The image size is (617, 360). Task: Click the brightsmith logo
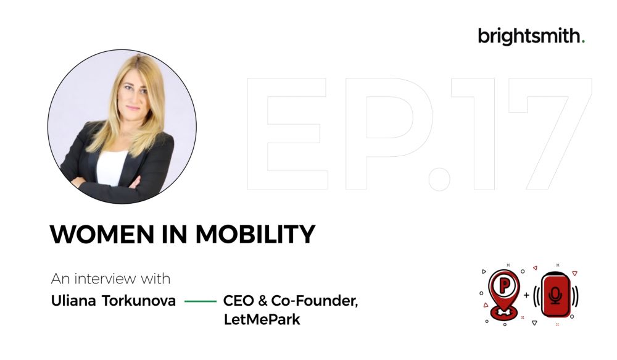[531, 36]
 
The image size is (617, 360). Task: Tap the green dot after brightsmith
[583, 41]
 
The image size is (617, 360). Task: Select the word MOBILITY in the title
[255, 234]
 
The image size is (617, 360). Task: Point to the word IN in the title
[175, 234]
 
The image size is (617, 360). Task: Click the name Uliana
[73, 301]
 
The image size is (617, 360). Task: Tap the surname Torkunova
[139, 301]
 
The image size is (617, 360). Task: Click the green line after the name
[201, 301]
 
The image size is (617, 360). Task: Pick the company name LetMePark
[262, 319]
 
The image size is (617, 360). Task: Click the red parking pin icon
[503, 294]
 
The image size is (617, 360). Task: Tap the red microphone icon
[555, 295]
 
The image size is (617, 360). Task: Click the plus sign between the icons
[526, 295]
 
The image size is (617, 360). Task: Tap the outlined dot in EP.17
[439, 179]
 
